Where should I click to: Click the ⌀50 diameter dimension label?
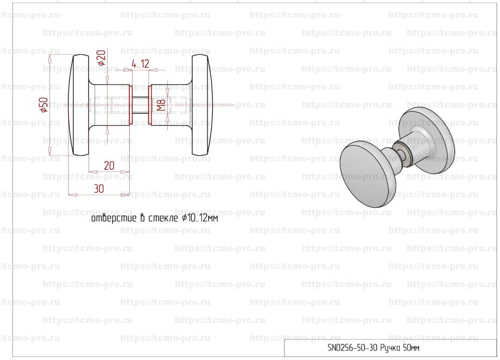click(44, 105)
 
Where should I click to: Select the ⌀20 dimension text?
click(101, 58)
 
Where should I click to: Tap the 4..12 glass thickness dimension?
click(140, 64)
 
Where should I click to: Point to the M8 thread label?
click(161, 105)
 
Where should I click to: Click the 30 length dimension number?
click(99, 188)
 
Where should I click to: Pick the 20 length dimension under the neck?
click(109, 166)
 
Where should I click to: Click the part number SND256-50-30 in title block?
click(352, 348)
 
